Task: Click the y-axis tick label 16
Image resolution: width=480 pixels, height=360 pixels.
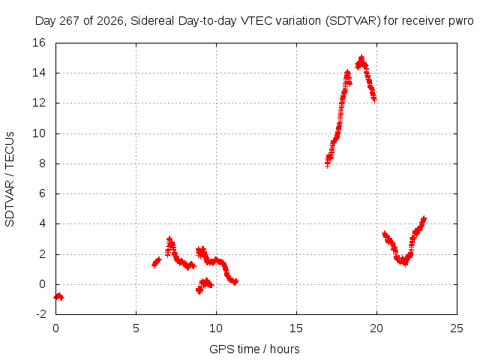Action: (x=39, y=43)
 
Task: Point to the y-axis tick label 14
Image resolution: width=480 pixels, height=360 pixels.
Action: (x=39, y=73)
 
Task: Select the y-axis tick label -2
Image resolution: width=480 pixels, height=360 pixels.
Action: (x=41, y=314)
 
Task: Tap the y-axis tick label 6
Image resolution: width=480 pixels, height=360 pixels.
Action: (x=42, y=193)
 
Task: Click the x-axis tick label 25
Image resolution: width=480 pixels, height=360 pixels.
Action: (x=457, y=328)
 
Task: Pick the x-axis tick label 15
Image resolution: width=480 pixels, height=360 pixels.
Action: (x=296, y=328)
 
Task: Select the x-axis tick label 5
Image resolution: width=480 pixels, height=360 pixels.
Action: (x=136, y=328)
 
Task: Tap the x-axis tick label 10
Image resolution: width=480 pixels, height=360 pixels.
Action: (x=216, y=328)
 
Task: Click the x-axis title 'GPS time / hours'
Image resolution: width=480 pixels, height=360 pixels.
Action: (x=254, y=349)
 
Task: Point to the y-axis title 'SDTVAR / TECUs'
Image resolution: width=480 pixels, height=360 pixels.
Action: (x=10, y=179)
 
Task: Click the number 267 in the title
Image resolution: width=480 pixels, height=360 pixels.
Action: (x=69, y=21)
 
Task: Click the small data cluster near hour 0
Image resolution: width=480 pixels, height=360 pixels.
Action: (x=58, y=296)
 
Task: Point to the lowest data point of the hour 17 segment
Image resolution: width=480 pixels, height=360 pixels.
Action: (x=327, y=165)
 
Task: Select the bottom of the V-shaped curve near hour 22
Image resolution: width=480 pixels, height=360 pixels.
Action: (x=405, y=262)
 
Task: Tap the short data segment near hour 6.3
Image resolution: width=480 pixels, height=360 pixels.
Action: (x=157, y=262)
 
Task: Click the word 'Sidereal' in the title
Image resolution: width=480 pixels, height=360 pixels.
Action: (x=151, y=21)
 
